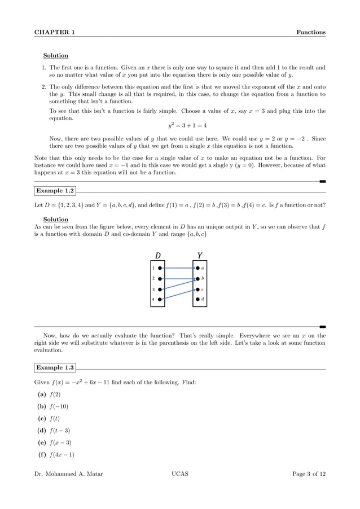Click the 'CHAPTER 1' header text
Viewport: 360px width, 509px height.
55,32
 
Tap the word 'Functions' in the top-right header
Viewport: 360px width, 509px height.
311,32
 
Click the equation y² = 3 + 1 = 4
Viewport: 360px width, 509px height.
179,125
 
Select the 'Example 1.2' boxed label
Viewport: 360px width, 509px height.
55,191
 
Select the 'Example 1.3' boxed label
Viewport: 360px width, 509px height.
55,367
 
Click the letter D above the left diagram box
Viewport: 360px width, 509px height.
158,254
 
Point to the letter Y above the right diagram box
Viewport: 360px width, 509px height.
200,254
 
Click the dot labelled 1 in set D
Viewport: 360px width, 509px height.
161,268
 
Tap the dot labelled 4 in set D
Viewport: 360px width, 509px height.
161,299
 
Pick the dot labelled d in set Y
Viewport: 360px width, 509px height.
197,299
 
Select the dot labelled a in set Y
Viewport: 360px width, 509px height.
197,268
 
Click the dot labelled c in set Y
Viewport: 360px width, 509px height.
197,289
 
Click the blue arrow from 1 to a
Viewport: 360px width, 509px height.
179,268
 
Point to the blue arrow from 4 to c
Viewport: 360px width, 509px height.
179,294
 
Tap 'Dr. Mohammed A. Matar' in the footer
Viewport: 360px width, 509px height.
68,474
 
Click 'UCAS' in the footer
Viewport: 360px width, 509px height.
179,474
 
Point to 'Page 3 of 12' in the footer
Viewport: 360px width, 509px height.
309,474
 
